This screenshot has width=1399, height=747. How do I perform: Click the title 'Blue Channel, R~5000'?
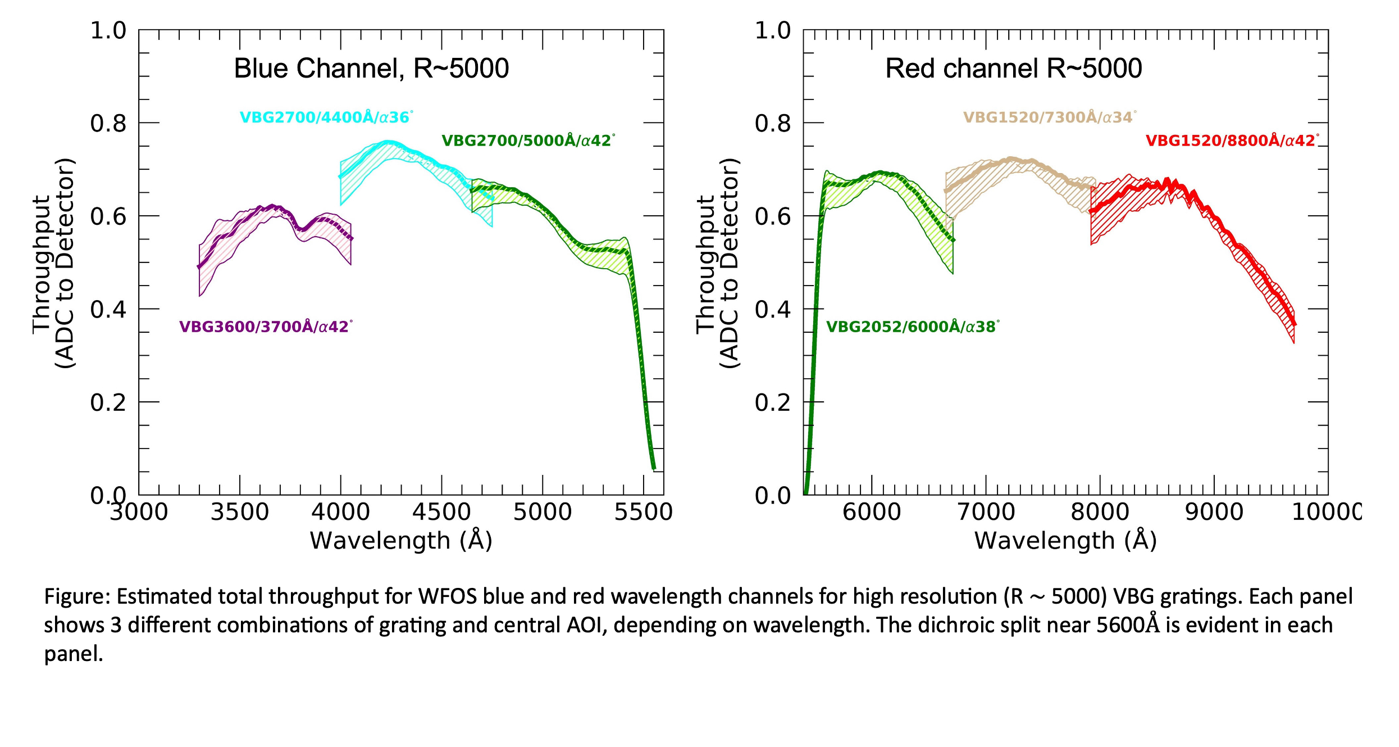click(371, 69)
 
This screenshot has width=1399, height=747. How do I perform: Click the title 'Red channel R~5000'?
click(1013, 69)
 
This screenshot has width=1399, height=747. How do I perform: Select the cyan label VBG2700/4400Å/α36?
click(326, 117)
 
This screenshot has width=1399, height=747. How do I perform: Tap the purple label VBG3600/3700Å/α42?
click(266, 327)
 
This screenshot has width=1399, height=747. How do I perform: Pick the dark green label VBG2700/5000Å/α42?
click(528, 141)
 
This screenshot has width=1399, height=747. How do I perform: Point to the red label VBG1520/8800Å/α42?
click(1232, 141)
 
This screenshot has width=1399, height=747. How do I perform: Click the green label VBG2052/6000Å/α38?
click(912, 327)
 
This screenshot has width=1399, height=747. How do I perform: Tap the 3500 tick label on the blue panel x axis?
click(240, 513)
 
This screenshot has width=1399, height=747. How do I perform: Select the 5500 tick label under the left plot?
click(643, 513)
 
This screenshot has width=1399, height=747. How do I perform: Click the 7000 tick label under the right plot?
click(986, 513)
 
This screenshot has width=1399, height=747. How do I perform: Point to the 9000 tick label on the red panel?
click(1214, 513)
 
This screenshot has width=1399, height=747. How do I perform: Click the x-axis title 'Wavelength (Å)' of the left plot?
click(401, 541)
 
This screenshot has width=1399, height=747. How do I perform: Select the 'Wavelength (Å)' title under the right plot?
click(1065, 541)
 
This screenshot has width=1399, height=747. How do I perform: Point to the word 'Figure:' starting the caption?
click(78, 596)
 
